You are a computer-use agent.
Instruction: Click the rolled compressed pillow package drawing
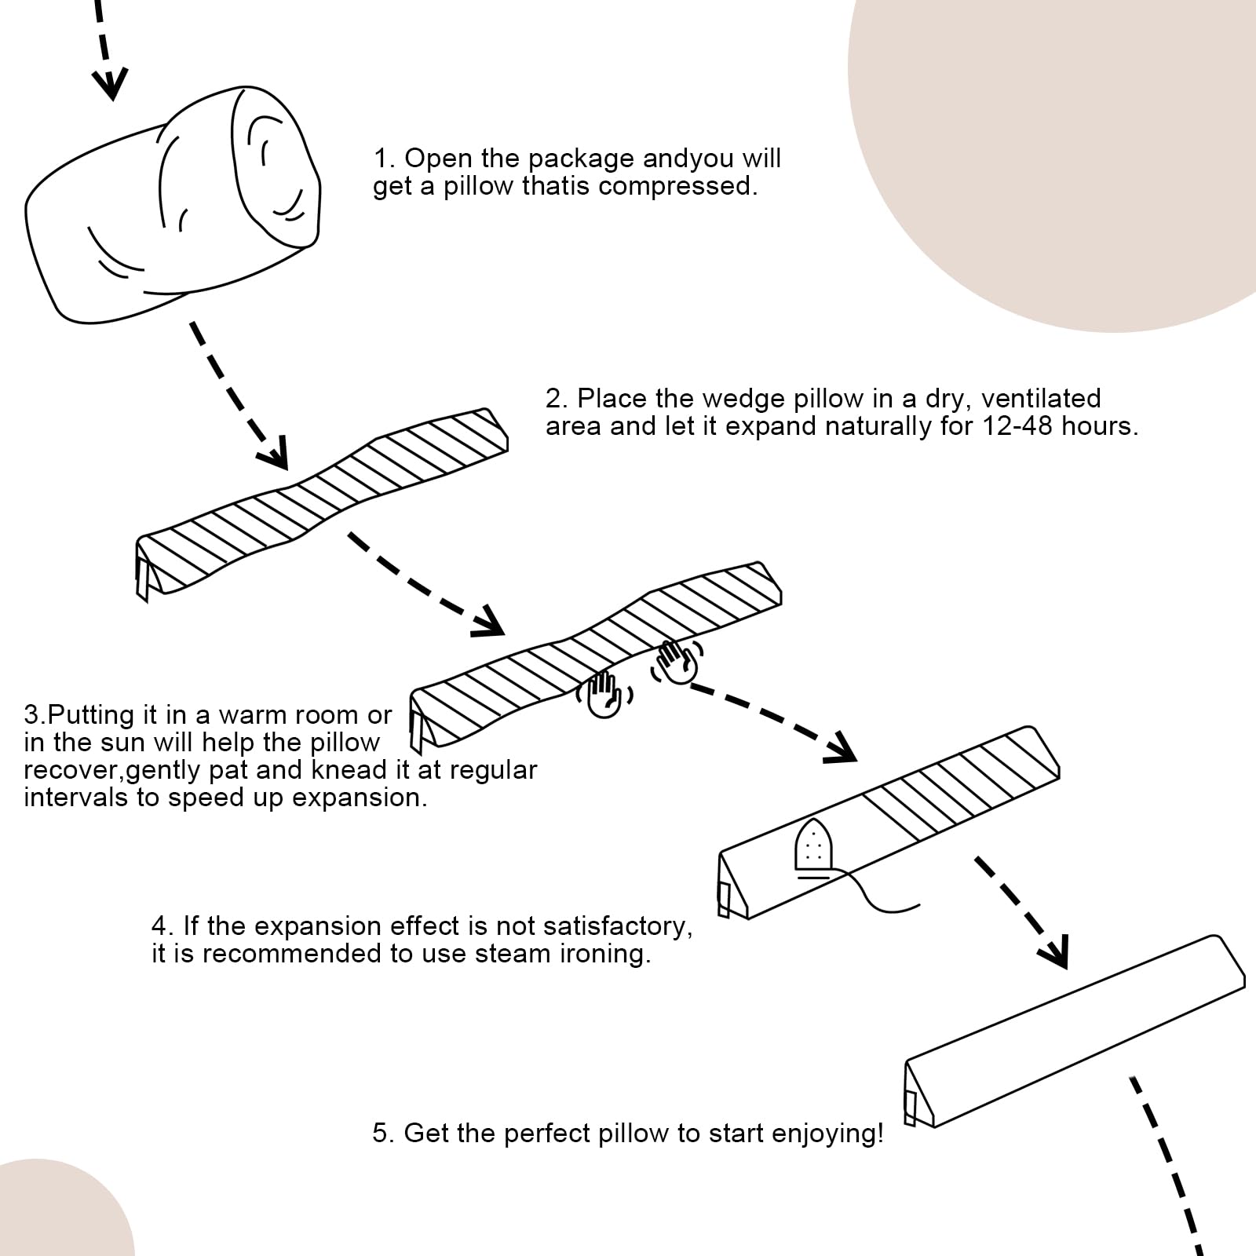173,208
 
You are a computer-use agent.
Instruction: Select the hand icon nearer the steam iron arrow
677,662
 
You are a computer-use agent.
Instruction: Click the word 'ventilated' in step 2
1041,398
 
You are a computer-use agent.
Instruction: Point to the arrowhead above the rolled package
111,82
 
